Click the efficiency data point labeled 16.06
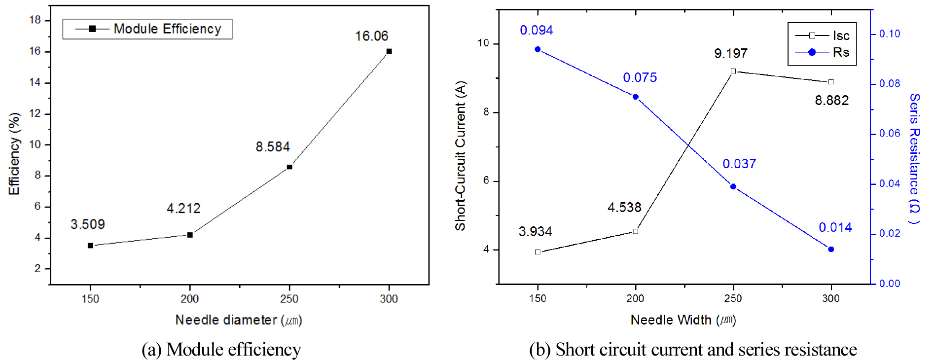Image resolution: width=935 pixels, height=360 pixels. (x=389, y=51)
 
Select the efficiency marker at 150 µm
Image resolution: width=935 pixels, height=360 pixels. (x=90, y=246)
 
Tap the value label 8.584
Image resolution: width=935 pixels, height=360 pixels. (x=273, y=147)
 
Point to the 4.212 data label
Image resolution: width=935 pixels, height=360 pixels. (x=183, y=209)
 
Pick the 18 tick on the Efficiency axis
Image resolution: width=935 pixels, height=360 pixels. (x=35, y=20)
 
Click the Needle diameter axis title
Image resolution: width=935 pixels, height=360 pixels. (x=239, y=320)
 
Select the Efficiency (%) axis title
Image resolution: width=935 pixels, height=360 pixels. (x=14, y=154)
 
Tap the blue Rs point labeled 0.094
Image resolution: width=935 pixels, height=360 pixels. (x=538, y=49)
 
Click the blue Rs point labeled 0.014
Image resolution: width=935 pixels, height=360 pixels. (x=831, y=250)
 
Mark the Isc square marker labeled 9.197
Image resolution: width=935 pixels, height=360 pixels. (x=733, y=72)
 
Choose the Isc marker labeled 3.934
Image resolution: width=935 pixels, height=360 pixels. (x=538, y=252)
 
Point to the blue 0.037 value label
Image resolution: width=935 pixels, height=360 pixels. (x=739, y=164)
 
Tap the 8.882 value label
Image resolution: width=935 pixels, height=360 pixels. (x=832, y=101)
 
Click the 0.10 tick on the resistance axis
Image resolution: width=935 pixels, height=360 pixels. (x=890, y=34)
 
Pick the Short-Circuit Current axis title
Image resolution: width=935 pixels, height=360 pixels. (x=461, y=156)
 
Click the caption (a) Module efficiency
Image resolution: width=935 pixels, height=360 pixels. (x=221, y=349)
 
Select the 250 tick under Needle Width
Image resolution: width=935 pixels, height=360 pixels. (x=733, y=298)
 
